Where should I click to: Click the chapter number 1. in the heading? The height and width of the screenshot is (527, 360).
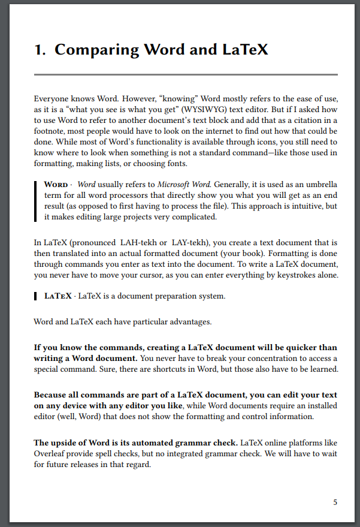coord(40,50)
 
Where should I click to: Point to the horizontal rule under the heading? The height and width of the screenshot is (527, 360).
coord(186,75)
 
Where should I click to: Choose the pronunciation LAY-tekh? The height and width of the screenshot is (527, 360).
coord(190,243)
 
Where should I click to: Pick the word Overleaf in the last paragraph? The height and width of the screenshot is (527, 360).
coord(52,454)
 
